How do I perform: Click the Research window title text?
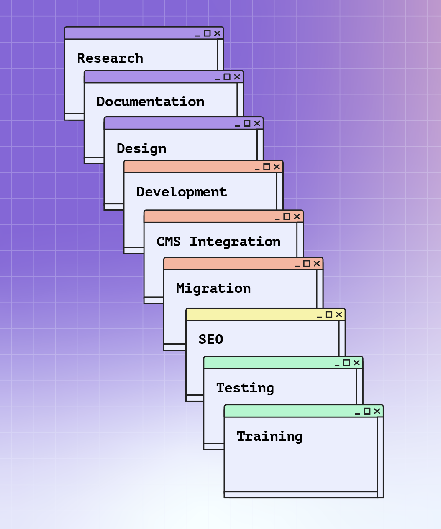110,58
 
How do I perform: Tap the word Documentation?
150,102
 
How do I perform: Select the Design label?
141,148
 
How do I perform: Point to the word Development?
182,192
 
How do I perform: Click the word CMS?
169,242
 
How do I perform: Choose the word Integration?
235,242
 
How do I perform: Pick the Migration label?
213,288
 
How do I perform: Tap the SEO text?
211,339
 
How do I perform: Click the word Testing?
245,388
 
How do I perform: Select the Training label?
269,436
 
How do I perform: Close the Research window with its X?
217,33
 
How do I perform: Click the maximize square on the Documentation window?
227,77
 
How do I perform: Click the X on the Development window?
277,167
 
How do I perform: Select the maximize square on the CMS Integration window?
287,216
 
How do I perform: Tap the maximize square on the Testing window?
346,363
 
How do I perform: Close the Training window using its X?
377,411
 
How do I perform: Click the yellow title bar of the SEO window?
251,315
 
